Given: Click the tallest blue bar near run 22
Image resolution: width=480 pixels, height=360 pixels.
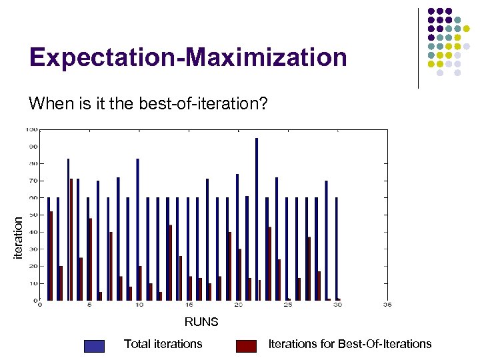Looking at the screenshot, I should pyautogui.click(x=256, y=220).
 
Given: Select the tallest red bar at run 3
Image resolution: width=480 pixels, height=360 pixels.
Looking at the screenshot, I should pyautogui.click(x=71, y=240).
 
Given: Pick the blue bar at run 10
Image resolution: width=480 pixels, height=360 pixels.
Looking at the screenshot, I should pyautogui.click(x=137, y=230).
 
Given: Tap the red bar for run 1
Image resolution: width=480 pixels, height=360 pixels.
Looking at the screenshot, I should pyautogui.click(x=51, y=256).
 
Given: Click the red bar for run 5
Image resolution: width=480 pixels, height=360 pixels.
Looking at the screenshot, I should pyautogui.click(x=91, y=259).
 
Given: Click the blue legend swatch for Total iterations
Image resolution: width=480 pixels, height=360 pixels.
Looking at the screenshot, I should pyautogui.click(x=95, y=345).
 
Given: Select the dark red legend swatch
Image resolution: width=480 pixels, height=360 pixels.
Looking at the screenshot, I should pyautogui.click(x=246, y=345).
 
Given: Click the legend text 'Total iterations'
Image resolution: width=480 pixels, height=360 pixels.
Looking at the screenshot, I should pyautogui.click(x=163, y=344).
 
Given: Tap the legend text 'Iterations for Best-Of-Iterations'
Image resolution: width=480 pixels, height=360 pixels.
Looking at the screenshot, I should pyautogui.click(x=349, y=344).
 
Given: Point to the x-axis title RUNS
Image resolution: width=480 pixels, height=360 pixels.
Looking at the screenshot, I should pyautogui.click(x=201, y=322).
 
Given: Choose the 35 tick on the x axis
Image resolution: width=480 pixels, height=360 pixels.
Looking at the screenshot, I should pyautogui.click(x=387, y=306).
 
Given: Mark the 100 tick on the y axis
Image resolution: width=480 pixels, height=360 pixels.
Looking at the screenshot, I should pyautogui.click(x=32, y=129).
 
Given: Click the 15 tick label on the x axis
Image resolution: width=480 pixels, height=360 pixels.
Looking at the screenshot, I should pyautogui.click(x=189, y=306).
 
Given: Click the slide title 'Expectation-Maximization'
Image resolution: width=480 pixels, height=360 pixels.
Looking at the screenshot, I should pyautogui.click(x=188, y=57).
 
